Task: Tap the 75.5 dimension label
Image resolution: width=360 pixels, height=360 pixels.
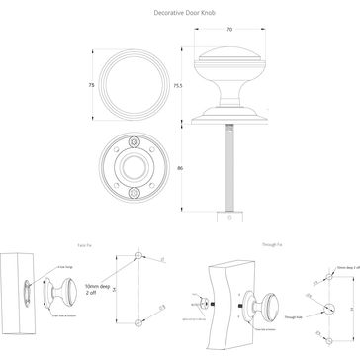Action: (x=179, y=85)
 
